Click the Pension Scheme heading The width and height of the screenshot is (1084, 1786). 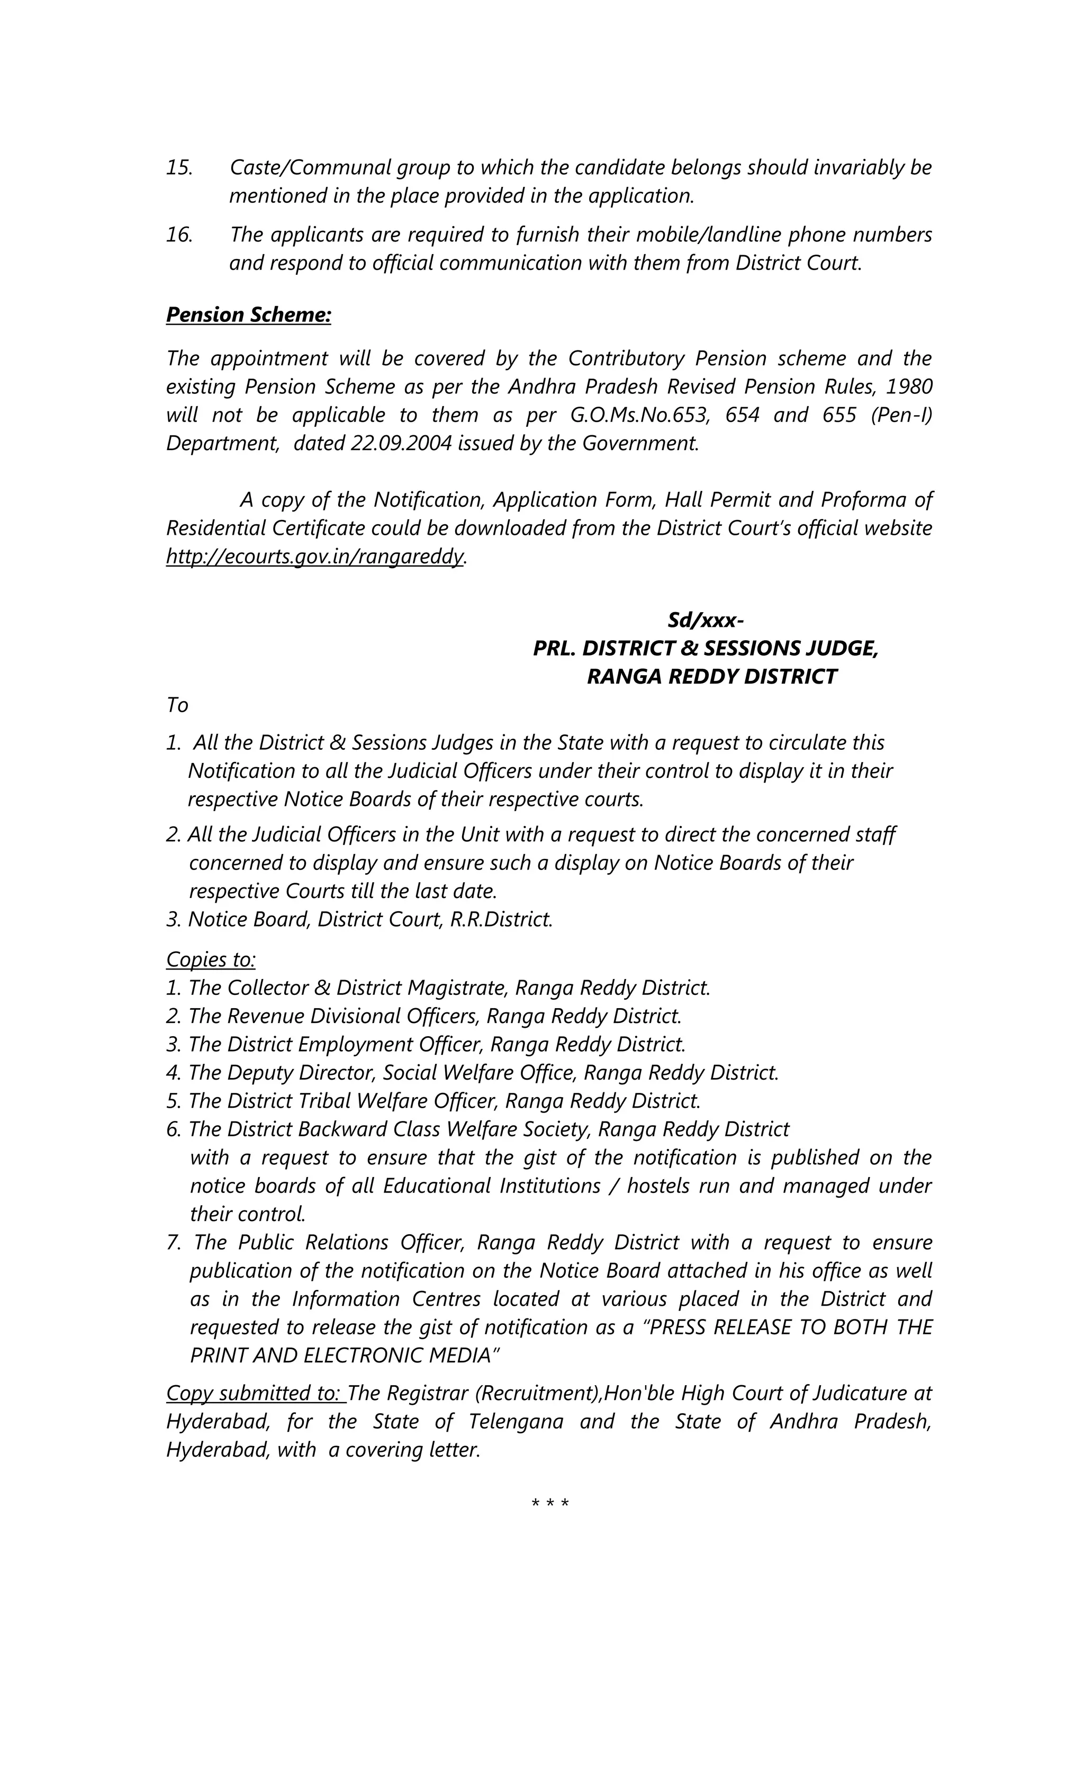pyautogui.click(x=249, y=315)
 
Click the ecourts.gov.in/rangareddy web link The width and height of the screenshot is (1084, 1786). pyautogui.click(x=314, y=556)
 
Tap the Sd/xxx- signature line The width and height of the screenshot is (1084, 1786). pyautogui.click(x=705, y=621)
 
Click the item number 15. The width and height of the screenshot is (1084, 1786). pyautogui.click(x=179, y=167)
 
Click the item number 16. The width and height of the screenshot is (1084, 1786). pyautogui.click(x=179, y=235)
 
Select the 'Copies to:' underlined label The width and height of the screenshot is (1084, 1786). pyautogui.click(x=211, y=959)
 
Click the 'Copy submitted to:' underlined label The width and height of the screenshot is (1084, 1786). pyautogui.click(x=255, y=1393)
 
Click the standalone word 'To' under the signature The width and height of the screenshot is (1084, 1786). pyautogui.click(x=177, y=705)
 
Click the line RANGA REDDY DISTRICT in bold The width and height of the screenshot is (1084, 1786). pyautogui.click(x=711, y=676)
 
